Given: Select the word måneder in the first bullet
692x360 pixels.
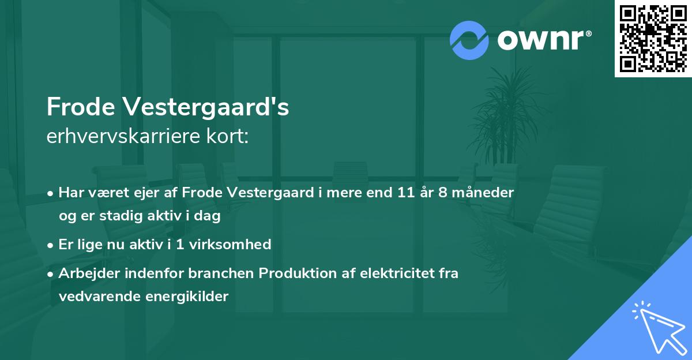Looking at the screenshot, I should point(484,193).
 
